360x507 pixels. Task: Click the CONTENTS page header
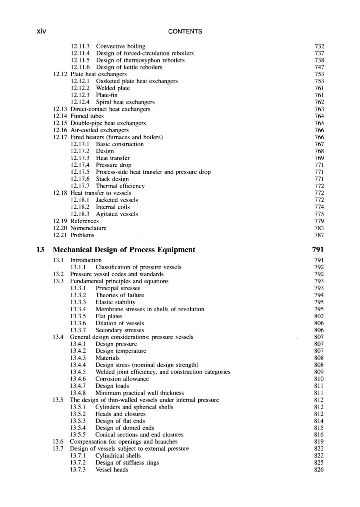(x=185, y=31)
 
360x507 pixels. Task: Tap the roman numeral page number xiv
(x=41, y=31)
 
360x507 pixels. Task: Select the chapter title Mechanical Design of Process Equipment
(x=124, y=250)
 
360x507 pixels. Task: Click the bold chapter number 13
(x=40, y=250)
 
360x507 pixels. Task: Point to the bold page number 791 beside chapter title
(x=317, y=250)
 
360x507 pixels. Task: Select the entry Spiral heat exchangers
(x=125, y=102)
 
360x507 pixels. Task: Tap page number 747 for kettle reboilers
(x=319, y=67)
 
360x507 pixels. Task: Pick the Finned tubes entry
(x=87, y=116)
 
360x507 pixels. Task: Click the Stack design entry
(x=112, y=179)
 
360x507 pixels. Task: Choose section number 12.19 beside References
(x=60, y=221)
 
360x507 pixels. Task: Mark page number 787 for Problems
(x=319, y=235)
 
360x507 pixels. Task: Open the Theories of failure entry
(x=120, y=295)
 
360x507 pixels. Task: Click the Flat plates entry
(x=109, y=316)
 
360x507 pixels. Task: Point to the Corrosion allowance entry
(x=122, y=379)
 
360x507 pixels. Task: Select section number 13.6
(x=58, y=442)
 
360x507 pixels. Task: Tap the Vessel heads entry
(x=112, y=470)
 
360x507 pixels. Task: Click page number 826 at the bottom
(x=319, y=470)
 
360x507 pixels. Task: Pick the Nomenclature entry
(x=88, y=228)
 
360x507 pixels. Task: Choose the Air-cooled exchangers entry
(x=99, y=130)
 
